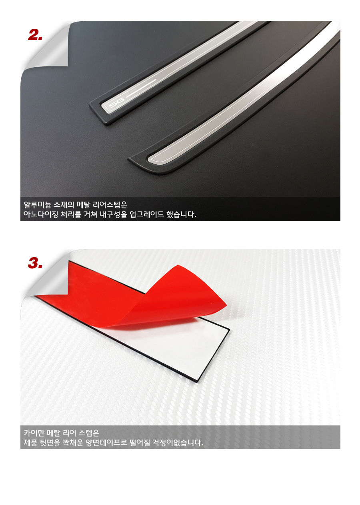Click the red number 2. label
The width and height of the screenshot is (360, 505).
tap(35, 35)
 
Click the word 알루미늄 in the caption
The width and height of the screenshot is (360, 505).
tap(38, 205)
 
